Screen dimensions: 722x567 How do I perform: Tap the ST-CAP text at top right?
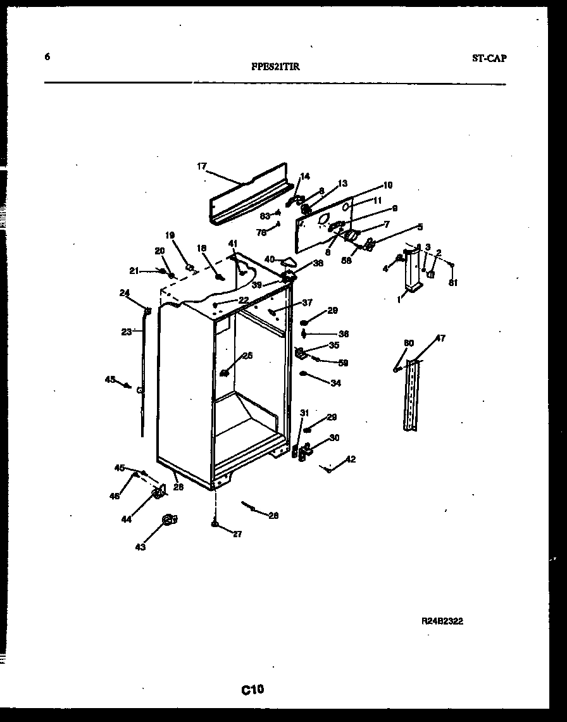[x=489, y=58]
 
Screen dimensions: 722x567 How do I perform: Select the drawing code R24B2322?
[x=442, y=621]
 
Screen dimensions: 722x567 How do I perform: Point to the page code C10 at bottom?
[x=252, y=690]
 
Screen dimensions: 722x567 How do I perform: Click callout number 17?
[x=202, y=166]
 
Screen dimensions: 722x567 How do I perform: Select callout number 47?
[x=440, y=339]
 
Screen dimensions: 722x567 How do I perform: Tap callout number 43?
[x=140, y=547]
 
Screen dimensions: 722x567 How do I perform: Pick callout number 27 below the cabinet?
[x=237, y=534]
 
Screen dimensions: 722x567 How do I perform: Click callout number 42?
[x=351, y=459]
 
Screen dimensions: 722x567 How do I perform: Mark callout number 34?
[x=335, y=383]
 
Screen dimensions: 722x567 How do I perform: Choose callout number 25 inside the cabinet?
[x=247, y=356]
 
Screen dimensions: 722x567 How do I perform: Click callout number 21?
[x=134, y=271]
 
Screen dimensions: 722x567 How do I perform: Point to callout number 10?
[x=387, y=185]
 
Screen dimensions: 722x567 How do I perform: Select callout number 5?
[x=420, y=227]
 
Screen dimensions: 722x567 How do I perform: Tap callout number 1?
[x=399, y=300]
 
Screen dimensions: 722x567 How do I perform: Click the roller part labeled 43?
[x=168, y=520]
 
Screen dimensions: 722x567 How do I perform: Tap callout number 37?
[x=307, y=302]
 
